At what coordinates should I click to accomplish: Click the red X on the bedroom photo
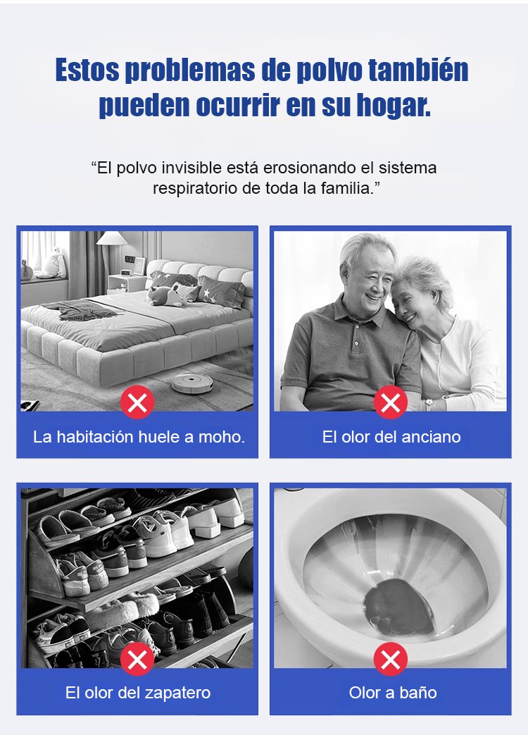click(x=137, y=402)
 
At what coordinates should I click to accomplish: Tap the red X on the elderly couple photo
click(x=391, y=402)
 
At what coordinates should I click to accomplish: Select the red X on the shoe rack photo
click(x=137, y=659)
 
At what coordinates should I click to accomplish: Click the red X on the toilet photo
click(x=391, y=659)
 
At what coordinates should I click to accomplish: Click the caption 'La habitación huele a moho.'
click(x=139, y=437)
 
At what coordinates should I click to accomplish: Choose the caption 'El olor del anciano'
click(x=391, y=437)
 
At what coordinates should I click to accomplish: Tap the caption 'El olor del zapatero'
click(x=138, y=693)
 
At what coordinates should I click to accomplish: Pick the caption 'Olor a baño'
click(x=393, y=693)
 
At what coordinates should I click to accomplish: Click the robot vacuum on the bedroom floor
click(x=192, y=382)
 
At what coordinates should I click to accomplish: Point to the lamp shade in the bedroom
click(x=112, y=238)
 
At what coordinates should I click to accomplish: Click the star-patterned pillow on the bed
click(x=221, y=292)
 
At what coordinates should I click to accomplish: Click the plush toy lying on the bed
click(x=166, y=295)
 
